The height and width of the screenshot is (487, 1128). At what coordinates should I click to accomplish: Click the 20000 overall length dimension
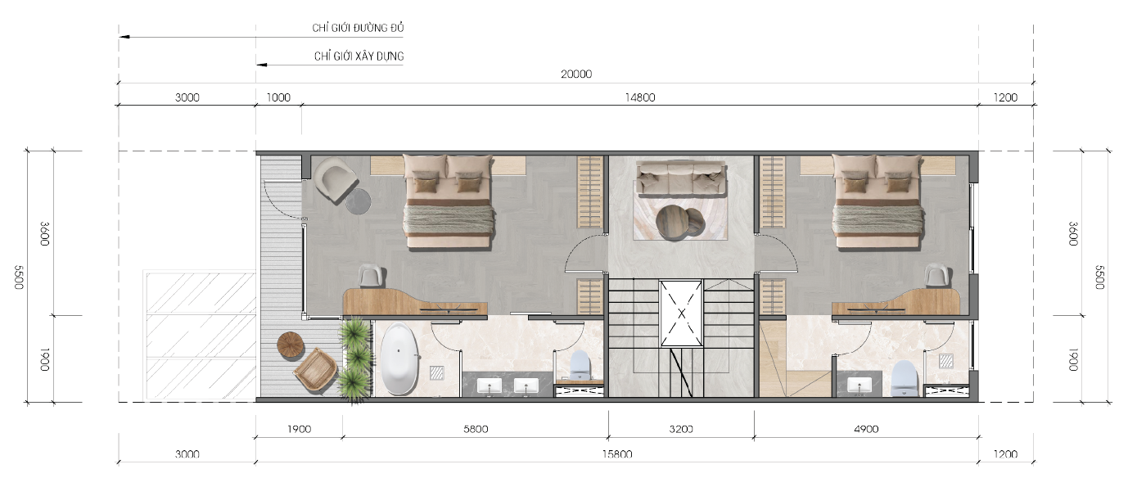click(576, 74)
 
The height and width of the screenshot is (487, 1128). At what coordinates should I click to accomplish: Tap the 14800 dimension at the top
click(640, 97)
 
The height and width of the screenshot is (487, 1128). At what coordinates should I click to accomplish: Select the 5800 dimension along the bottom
click(476, 429)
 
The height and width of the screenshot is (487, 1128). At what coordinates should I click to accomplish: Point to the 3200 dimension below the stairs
click(681, 429)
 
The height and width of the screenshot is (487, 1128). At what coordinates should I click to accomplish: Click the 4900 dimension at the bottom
click(866, 429)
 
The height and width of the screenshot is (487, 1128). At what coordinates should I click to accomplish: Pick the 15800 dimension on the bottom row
click(617, 454)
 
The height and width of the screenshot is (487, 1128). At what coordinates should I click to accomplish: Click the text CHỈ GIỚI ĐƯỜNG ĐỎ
click(358, 28)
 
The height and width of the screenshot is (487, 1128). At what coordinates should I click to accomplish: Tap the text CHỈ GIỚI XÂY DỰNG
click(359, 56)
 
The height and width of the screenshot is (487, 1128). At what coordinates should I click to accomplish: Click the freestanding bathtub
click(399, 358)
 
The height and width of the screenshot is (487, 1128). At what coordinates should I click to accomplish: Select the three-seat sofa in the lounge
click(681, 178)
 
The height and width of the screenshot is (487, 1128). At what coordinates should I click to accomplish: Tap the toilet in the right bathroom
click(905, 377)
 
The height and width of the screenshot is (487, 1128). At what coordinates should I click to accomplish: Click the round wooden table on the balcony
click(291, 345)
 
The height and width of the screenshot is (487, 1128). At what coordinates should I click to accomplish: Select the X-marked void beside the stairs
click(681, 313)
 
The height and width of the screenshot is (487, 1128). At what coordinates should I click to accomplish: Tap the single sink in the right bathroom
click(859, 385)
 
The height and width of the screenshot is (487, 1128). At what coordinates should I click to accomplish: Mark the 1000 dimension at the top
click(278, 97)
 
